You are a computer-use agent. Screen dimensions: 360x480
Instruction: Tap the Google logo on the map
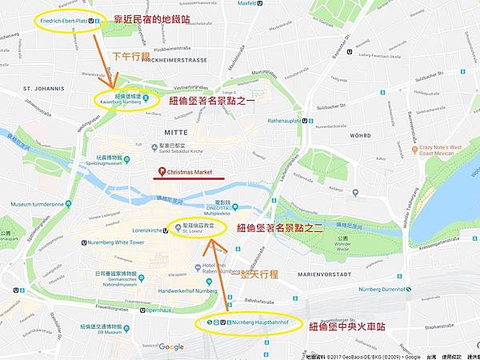(170, 346)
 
